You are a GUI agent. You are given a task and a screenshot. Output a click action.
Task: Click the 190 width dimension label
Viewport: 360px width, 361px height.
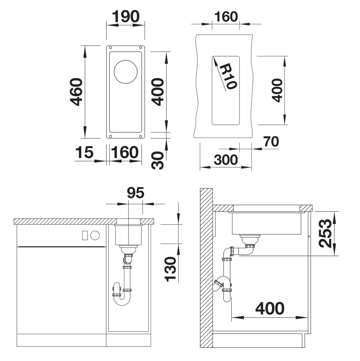coord(126,16)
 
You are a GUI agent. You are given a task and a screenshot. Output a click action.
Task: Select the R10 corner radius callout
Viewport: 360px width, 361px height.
coord(228,77)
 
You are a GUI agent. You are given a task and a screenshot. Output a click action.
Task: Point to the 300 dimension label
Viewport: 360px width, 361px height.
coord(226,160)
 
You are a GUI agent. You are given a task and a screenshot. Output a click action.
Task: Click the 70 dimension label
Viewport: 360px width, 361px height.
coord(271,142)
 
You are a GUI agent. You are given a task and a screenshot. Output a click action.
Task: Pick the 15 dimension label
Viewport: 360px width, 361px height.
coord(84,152)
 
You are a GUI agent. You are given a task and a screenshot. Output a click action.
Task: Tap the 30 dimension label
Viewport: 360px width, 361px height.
coord(157,160)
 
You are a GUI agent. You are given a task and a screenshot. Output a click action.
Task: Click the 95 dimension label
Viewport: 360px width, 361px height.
coord(136,192)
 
